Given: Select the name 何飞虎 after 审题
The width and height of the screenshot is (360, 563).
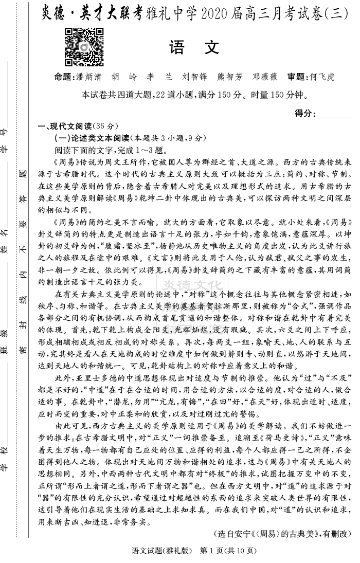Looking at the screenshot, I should tap(322, 77).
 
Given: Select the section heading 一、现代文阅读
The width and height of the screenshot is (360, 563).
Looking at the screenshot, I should tap(64, 126).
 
